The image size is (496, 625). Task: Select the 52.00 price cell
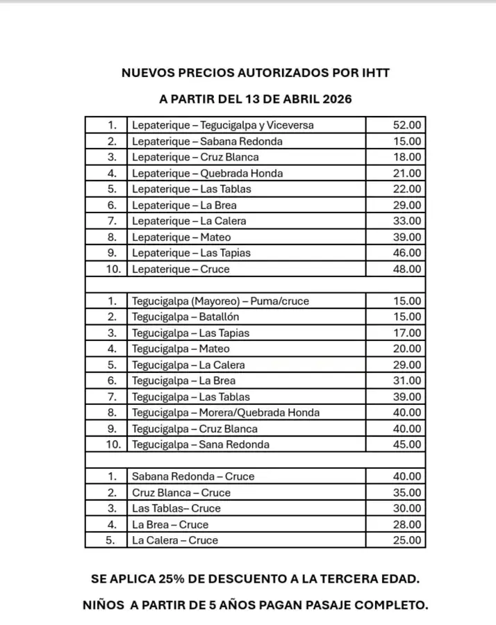[x=406, y=126]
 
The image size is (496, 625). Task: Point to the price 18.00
[x=406, y=158]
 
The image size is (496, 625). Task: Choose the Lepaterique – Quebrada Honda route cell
[x=207, y=174]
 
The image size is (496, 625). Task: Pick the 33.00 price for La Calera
[x=406, y=221]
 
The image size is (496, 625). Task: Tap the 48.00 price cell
[x=406, y=269]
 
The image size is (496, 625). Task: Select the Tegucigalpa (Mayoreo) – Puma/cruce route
[x=220, y=301]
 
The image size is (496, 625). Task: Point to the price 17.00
[x=406, y=333]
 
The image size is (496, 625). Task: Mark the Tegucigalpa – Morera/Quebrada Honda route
[x=226, y=412]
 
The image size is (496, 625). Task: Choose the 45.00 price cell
[x=406, y=444]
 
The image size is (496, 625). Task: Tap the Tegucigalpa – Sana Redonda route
[x=200, y=444]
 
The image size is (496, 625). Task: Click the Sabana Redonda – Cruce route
[x=193, y=476]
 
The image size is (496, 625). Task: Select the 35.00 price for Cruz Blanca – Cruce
[x=406, y=492]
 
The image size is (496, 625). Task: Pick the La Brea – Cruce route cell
[x=170, y=524]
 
